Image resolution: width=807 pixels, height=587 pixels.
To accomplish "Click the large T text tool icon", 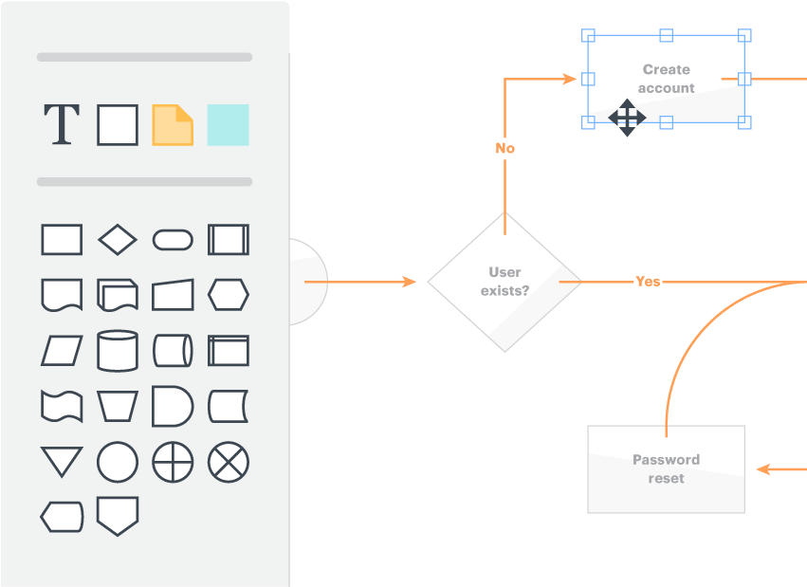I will point(62,124).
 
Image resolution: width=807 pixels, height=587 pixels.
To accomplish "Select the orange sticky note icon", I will point(173,124).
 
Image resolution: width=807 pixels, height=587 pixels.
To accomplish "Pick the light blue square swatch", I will point(228,124).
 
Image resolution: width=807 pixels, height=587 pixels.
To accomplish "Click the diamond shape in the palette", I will point(118,240).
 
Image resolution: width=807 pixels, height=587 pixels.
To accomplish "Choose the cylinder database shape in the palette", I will point(118,351).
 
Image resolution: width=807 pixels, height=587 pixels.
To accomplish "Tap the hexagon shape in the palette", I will point(229,295).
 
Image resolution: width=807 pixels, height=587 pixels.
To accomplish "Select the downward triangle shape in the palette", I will point(62,462).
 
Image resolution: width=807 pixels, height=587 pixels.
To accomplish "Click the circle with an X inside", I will point(229,463).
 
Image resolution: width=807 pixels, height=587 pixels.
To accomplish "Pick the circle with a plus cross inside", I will point(173,463).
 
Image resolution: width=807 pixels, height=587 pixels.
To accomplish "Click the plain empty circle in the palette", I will point(118,463).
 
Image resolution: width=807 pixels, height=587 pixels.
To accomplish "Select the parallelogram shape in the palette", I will point(62,351).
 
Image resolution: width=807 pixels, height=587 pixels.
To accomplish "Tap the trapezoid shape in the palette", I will point(118,407).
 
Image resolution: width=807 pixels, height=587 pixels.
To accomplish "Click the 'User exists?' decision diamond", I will point(504,282).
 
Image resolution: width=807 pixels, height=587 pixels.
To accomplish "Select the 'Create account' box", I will point(666,79).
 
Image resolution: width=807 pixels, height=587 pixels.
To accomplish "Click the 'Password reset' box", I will point(666,468).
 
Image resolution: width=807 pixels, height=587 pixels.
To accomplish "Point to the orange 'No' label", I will point(505,148).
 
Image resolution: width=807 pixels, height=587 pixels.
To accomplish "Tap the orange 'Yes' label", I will point(648,282).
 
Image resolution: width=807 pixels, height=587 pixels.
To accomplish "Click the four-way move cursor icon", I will point(627,118).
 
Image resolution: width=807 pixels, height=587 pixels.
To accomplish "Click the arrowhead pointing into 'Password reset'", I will point(762,468).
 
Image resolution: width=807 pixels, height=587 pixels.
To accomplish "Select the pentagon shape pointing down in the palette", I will point(118,516).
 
